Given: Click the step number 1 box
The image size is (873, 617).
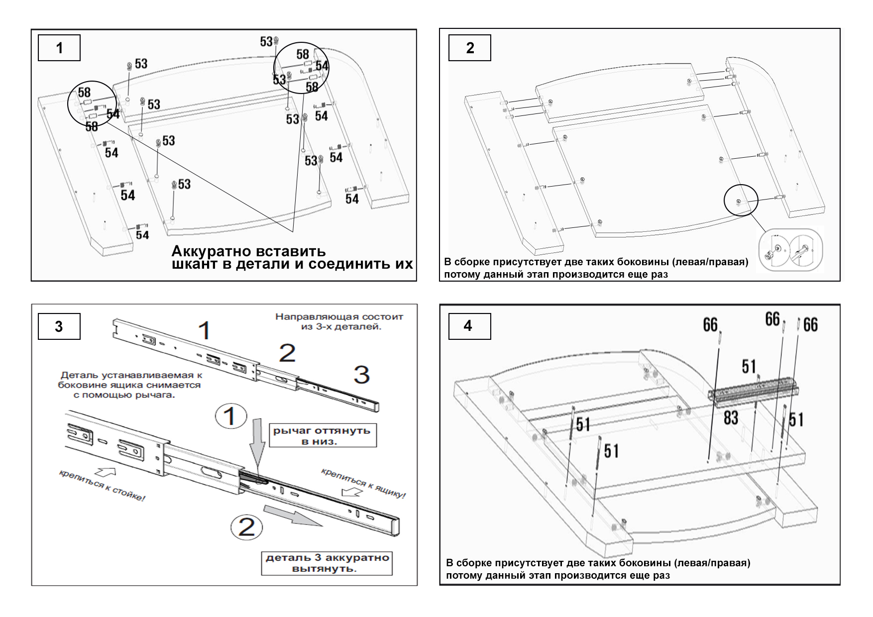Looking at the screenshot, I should [x=59, y=48].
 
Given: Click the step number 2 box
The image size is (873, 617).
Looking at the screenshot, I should [x=469, y=48].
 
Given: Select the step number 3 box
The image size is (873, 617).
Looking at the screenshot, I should [x=59, y=326].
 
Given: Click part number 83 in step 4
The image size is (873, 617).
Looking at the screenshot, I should [x=731, y=418].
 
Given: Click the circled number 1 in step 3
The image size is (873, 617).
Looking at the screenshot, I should [x=230, y=416].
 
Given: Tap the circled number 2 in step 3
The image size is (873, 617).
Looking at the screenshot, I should [x=247, y=526].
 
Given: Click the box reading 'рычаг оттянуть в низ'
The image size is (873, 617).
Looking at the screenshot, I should [x=322, y=435].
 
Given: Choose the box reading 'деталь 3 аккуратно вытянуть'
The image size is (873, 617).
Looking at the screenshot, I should [x=327, y=563].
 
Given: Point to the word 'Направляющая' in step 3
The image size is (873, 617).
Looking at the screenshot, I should [x=308, y=317].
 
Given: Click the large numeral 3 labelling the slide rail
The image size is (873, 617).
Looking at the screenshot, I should [x=362, y=375].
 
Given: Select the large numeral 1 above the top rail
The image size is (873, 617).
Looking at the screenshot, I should [x=204, y=331].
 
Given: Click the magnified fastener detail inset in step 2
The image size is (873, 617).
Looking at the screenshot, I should [x=790, y=250].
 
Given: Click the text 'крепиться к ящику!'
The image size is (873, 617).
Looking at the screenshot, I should [x=363, y=483].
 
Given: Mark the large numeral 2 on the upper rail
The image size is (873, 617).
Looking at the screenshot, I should [x=287, y=353].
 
